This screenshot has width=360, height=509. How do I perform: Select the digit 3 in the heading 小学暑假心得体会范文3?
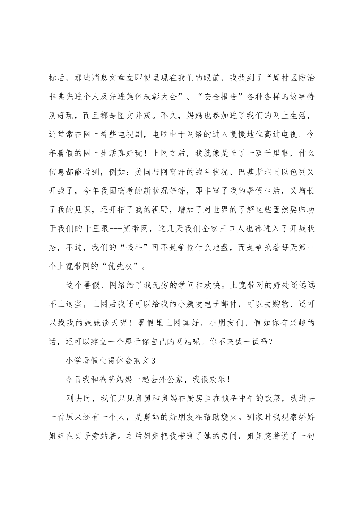click(153, 361)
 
